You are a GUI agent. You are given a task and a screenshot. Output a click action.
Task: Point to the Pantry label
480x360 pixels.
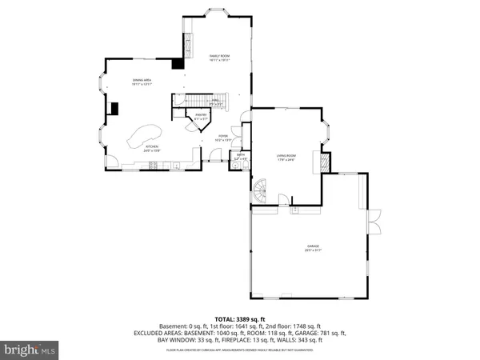[x=201, y=117]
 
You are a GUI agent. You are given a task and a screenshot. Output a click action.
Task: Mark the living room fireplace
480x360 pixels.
[x=323, y=161]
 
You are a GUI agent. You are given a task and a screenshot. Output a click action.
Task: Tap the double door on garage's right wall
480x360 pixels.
[x=370, y=218]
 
